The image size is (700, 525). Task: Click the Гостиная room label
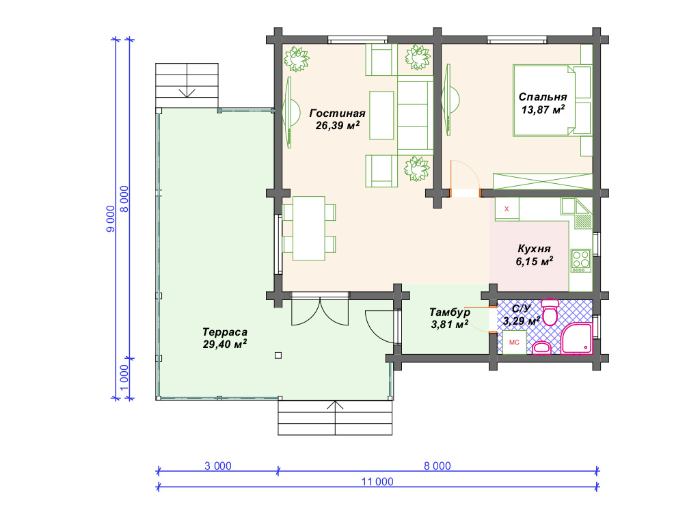(338, 113)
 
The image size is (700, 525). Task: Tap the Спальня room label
(543, 97)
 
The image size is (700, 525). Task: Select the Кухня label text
(534, 249)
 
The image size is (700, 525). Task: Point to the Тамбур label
(450, 312)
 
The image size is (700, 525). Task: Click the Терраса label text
(224, 332)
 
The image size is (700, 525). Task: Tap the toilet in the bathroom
(550, 312)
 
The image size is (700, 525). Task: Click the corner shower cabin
(576, 338)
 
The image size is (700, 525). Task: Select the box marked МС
(514, 342)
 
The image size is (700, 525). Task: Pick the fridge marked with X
(507, 209)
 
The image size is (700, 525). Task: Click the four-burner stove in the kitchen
(581, 260)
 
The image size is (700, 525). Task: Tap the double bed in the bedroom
(552, 100)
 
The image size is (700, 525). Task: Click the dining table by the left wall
(308, 228)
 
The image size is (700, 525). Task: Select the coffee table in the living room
(381, 116)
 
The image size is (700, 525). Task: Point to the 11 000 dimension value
(377, 482)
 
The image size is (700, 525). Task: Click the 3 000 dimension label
(218, 466)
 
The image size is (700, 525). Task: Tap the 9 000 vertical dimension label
(110, 219)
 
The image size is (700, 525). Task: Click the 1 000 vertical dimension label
(124, 377)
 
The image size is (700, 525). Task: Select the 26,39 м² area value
(338, 126)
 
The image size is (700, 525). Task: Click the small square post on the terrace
(278, 355)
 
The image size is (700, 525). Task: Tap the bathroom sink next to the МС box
(541, 348)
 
